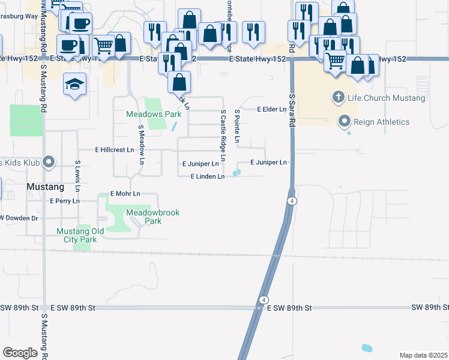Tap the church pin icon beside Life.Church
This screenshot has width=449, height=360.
(x=338, y=97)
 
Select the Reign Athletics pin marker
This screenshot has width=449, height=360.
(x=345, y=122)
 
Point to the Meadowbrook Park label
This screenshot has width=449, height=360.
(x=153, y=217)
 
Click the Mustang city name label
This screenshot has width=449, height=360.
(x=45, y=187)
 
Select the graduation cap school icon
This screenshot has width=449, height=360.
(x=74, y=83)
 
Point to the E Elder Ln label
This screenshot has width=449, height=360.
(x=272, y=109)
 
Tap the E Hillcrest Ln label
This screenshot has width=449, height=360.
(x=114, y=149)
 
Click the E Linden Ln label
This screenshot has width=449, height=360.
(x=207, y=176)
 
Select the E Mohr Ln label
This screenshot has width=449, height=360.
(x=125, y=194)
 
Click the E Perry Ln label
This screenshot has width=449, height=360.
(x=65, y=201)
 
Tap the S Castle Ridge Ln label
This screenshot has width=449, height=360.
(x=223, y=135)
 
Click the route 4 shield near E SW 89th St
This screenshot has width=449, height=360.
(x=264, y=299)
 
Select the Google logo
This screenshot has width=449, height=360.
(x=20, y=353)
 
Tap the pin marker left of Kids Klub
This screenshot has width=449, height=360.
(x=49, y=162)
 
